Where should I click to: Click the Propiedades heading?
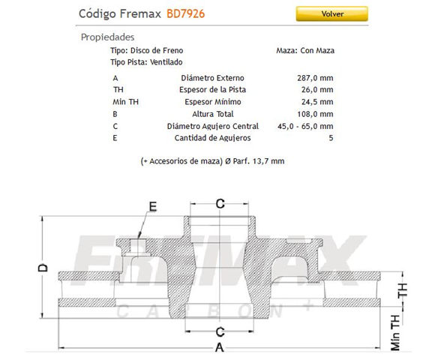[107, 37]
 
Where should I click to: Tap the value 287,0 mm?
[315, 78]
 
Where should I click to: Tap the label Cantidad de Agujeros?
[212, 138]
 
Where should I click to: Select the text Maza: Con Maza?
[305, 50]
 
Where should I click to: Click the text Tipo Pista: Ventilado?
[146, 62]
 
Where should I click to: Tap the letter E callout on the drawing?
[152, 205]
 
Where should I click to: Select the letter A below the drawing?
[220, 347]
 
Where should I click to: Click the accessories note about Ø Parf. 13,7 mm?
[212, 161]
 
